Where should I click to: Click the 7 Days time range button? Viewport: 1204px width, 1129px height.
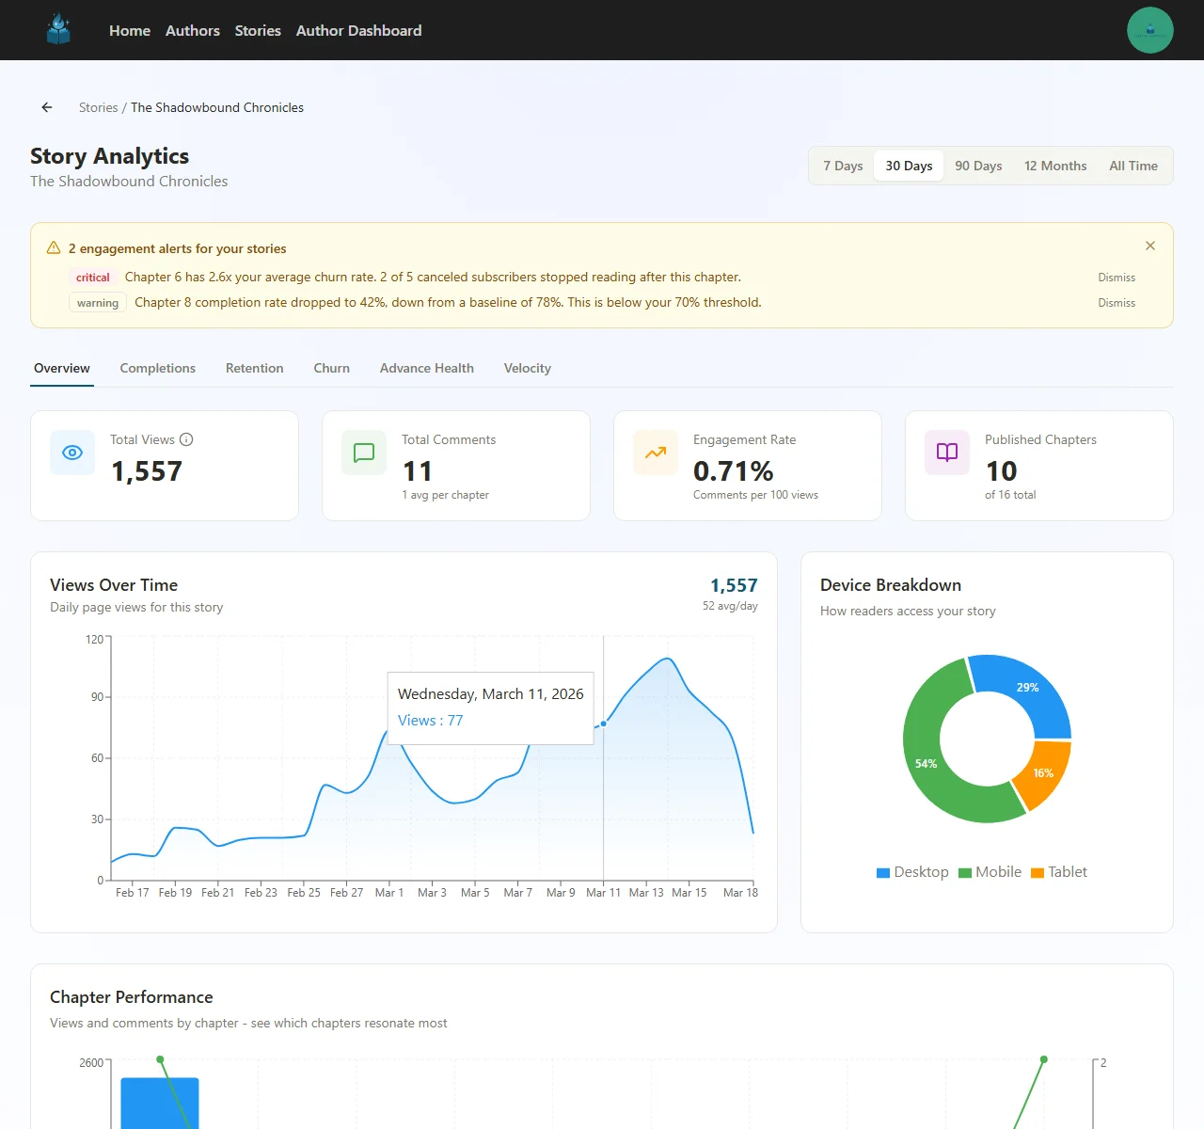click(x=843, y=166)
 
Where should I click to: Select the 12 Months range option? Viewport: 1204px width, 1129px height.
click(x=1055, y=166)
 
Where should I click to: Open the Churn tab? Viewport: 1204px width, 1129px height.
click(x=331, y=368)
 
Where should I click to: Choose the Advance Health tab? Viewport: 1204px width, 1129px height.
click(x=426, y=368)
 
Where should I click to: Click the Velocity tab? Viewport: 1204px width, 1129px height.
click(x=527, y=368)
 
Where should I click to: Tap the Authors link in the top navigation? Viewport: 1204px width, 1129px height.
click(x=192, y=30)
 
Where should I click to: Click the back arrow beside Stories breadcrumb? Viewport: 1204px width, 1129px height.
click(x=47, y=107)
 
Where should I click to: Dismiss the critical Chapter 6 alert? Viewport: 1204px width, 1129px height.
click(x=1117, y=278)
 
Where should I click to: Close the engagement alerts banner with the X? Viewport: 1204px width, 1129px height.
click(x=1149, y=246)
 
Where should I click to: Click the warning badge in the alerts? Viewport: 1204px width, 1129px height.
click(x=98, y=303)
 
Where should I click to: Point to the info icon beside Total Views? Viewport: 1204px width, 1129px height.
click(x=186, y=439)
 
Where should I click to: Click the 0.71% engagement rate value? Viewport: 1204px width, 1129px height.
click(x=733, y=470)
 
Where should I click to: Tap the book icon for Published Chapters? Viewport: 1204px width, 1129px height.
click(x=947, y=453)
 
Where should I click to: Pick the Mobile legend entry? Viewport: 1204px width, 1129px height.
click(x=990, y=872)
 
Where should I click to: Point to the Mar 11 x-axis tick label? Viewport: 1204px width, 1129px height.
click(x=603, y=892)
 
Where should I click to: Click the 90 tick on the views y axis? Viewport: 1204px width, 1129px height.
click(x=97, y=697)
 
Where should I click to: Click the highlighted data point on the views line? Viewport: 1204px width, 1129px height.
click(x=603, y=724)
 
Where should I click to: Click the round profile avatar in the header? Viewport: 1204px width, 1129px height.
click(x=1149, y=30)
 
